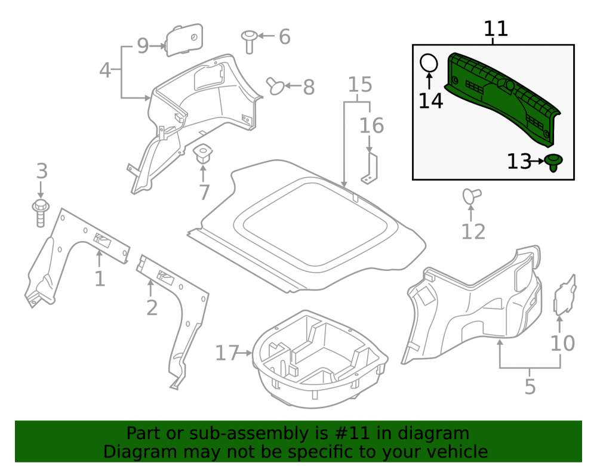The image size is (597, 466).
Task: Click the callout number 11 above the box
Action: (x=496, y=29)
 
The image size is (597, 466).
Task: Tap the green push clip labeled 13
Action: (x=553, y=162)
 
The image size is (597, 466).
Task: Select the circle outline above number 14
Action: (x=429, y=63)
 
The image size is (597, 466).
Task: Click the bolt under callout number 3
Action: (x=41, y=214)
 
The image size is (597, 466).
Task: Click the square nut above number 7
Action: (x=202, y=153)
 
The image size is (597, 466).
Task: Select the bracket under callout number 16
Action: (x=370, y=168)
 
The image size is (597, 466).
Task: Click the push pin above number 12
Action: (x=472, y=196)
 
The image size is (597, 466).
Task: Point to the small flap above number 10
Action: (x=565, y=295)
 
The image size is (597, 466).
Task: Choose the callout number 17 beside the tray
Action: (x=227, y=353)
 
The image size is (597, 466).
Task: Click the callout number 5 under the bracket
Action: (x=530, y=387)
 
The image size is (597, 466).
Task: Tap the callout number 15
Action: (x=360, y=85)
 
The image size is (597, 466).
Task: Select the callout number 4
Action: (x=105, y=70)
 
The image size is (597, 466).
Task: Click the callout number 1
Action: (x=99, y=279)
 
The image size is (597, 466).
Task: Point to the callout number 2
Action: (x=152, y=308)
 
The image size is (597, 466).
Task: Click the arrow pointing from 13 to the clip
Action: (x=538, y=161)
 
